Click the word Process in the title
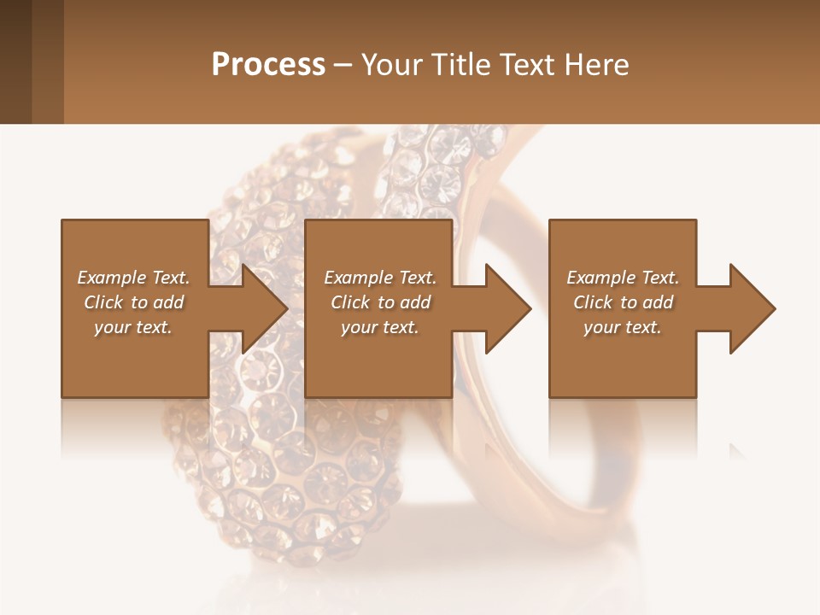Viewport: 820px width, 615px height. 268,65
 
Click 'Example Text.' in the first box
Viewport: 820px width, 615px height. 133,278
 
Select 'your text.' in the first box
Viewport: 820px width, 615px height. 133,327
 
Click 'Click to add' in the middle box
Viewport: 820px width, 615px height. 381,302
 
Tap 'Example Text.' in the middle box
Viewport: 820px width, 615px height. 380,278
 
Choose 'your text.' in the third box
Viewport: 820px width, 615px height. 623,327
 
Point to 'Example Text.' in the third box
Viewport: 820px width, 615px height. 623,278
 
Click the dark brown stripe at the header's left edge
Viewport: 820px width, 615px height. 15,61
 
